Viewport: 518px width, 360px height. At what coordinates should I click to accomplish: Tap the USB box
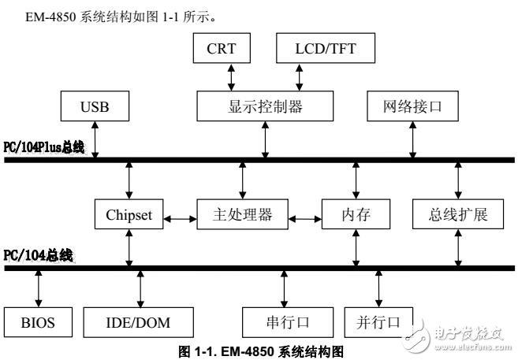pyautogui.click(x=95, y=106)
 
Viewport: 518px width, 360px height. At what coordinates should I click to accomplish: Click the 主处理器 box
pyautogui.click(x=241, y=214)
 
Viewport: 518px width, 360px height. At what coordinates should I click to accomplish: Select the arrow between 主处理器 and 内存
pyautogui.click(x=304, y=214)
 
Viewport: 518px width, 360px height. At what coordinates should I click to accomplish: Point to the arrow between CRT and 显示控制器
pyautogui.click(x=229, y=78)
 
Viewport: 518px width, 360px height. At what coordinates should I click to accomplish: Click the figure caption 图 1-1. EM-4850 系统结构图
pyautogui.click(x=259, y=351)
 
